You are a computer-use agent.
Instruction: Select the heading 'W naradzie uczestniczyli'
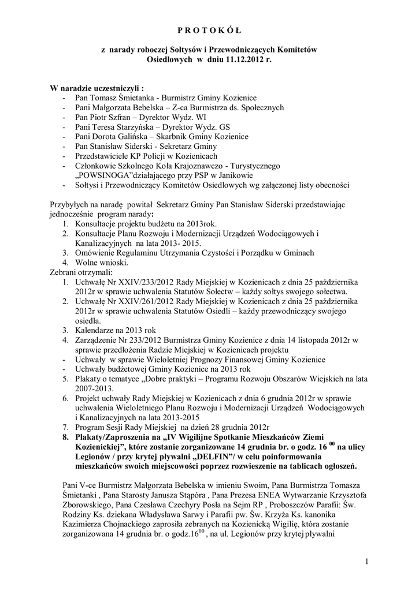(95, 88)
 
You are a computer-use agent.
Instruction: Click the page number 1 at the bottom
(366, 561)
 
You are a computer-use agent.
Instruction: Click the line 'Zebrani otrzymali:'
(81, 271)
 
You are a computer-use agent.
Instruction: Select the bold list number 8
(66, 437)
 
